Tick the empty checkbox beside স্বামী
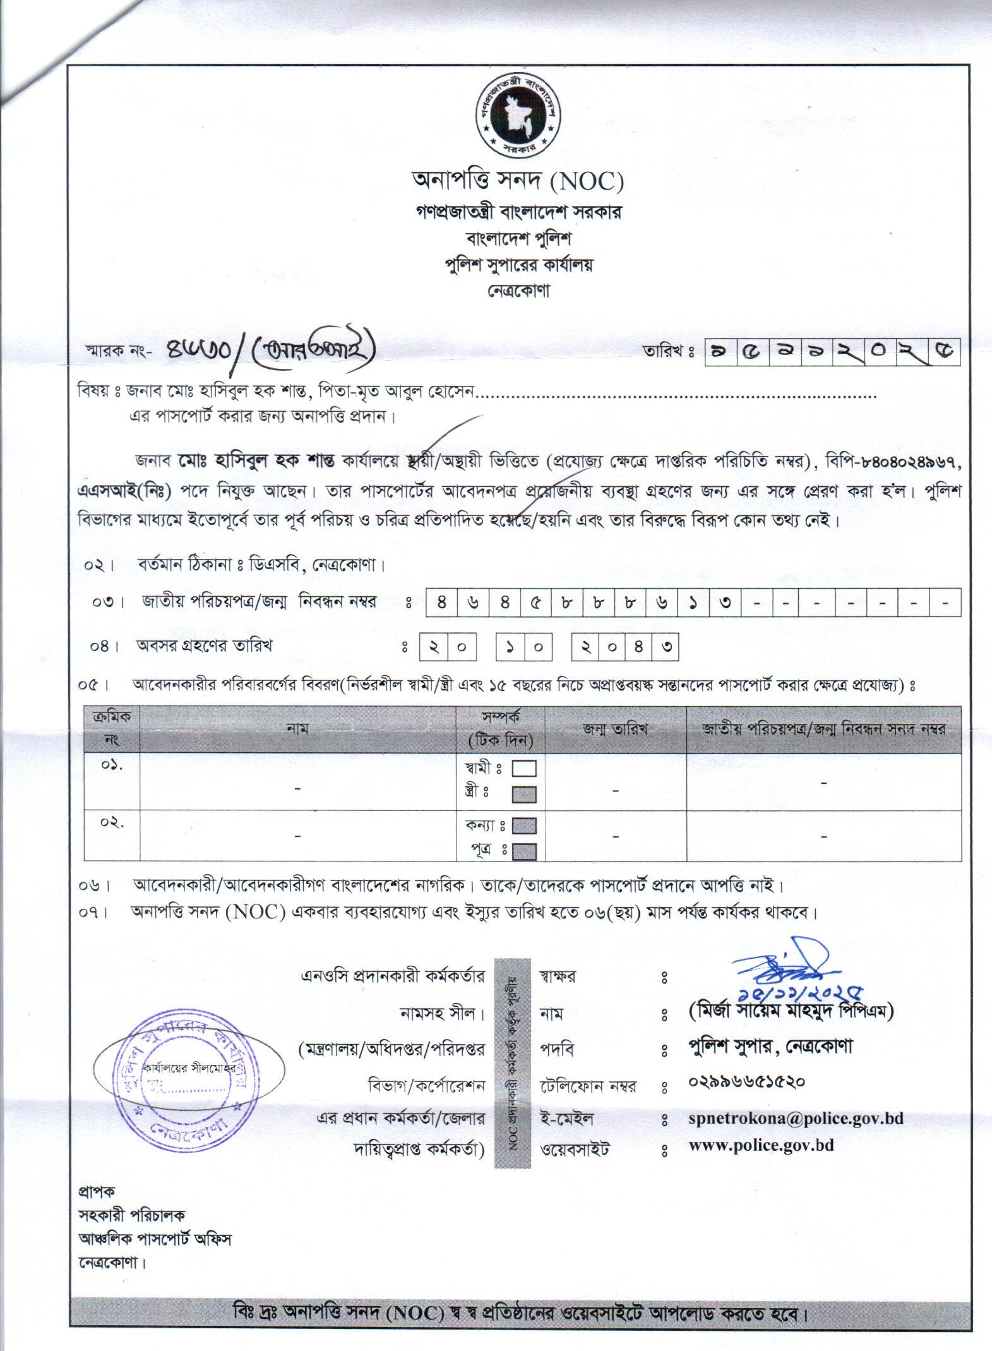524,769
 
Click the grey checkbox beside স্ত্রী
524,794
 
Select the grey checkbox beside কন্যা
524,826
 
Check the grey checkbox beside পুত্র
524,851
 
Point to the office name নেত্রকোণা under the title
517,292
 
